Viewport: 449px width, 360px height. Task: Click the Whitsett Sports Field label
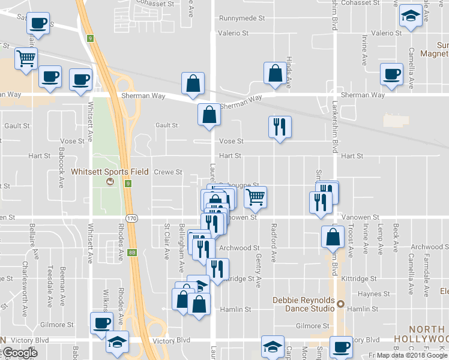[110, 172]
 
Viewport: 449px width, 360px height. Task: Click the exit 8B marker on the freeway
[132, 253]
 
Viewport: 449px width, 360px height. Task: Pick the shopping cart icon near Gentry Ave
[256, 197]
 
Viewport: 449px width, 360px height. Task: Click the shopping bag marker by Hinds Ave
[274, 74]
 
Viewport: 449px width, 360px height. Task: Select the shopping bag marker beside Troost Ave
[333, 238]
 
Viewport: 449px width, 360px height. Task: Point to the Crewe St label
[168, 172]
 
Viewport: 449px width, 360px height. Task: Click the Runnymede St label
[242, 19]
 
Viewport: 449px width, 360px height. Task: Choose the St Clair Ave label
[167, 242]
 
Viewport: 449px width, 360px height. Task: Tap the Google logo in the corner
[20, 353]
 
